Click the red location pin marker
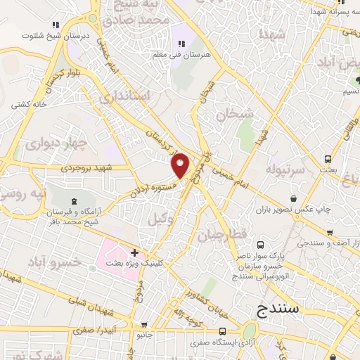tap(181, 165)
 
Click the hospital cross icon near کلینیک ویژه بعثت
tap(134, 252)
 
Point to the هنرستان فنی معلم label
tap(183, 53)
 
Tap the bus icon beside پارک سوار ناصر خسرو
tap(261, 245)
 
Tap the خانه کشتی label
tap(29, 103)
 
